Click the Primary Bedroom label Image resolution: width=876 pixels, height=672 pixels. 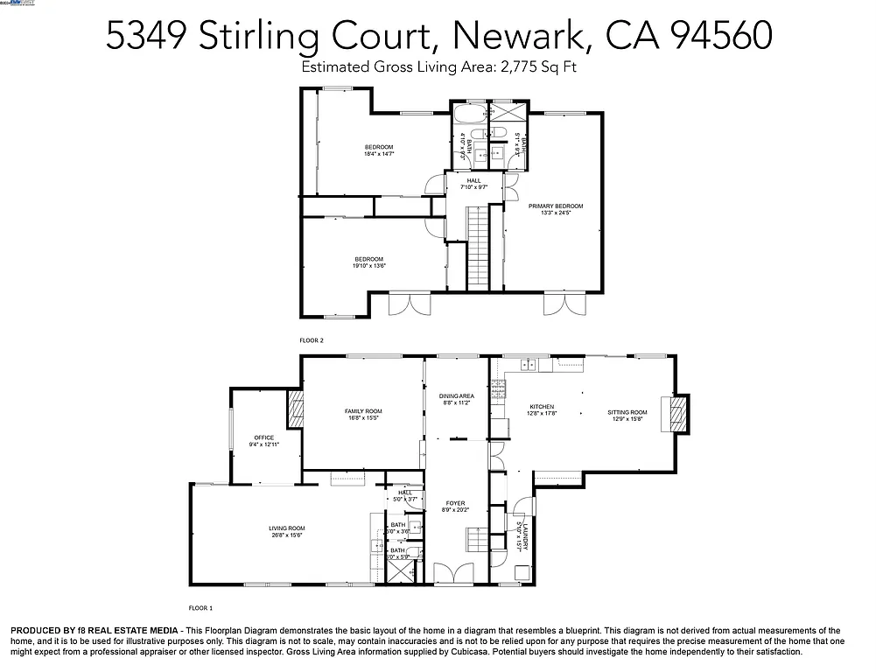tap(555, 206)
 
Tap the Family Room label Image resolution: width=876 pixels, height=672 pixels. tap(362, 411)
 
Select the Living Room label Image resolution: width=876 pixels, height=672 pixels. tap(286, 528)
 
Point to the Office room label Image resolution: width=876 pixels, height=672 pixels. tap(264, 437)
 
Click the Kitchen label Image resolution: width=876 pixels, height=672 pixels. tap(543, 407)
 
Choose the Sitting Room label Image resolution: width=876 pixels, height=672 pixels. tap(627, 412)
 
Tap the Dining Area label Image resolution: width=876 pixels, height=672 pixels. tap(456, 396)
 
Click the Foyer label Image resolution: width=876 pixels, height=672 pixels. tap(455, 503)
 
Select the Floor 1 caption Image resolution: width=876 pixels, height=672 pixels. tap(200, 607)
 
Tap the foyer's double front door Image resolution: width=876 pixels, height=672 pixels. tap(454, 574)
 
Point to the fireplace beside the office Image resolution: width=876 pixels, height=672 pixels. tap(296, 408)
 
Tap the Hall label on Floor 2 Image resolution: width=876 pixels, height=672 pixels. tap(473, 181)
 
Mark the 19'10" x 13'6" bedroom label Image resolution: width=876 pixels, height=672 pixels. tap(368, 259)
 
